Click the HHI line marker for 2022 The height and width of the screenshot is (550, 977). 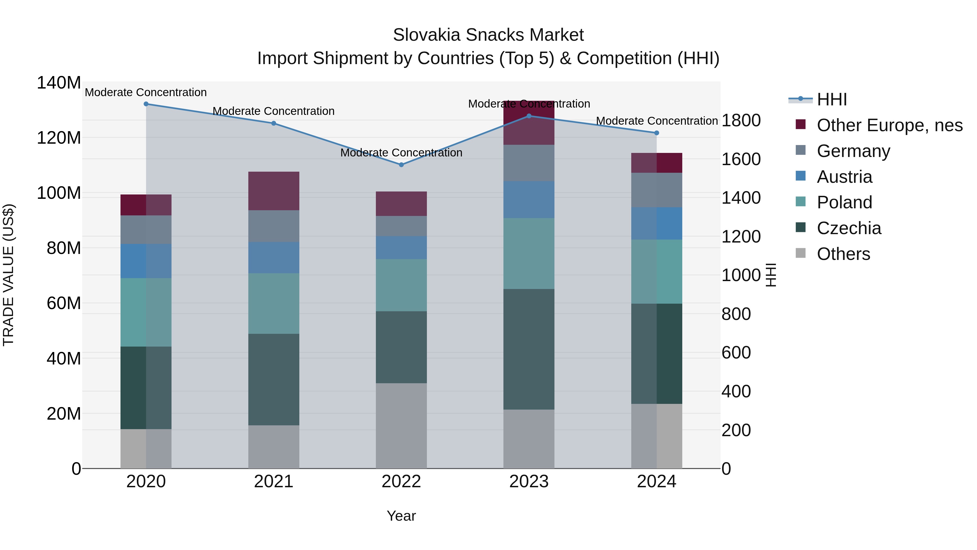coord(401,165)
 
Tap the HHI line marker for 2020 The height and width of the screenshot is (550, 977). coord(146,104)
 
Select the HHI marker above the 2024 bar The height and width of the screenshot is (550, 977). coord(656,133)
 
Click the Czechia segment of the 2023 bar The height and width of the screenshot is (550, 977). coord(529,349)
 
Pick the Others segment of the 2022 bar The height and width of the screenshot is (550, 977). coord(401,426)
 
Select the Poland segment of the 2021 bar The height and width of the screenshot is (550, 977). coord(274,303)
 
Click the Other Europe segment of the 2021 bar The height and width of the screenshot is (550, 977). coord(274,191)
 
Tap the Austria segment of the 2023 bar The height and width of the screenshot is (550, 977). coord(529,200)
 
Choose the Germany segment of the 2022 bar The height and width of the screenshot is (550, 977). coord(401,226)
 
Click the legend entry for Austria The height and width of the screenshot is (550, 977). coord(844,177)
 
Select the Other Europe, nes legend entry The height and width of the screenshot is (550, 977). coord(889,125)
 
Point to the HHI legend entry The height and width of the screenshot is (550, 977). coord(831,99)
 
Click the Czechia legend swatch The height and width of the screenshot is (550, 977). coord(800,227)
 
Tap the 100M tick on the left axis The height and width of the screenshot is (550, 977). coord(59,193)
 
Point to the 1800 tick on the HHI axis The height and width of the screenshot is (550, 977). coord(741,121)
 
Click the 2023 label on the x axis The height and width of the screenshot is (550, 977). coord(529,482)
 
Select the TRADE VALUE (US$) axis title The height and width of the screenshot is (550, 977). coord(8,275)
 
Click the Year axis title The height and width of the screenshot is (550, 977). coord(401,516)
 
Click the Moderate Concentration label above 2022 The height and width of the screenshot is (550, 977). coord(401,153)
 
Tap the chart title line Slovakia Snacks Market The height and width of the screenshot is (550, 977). coord(488,35)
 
